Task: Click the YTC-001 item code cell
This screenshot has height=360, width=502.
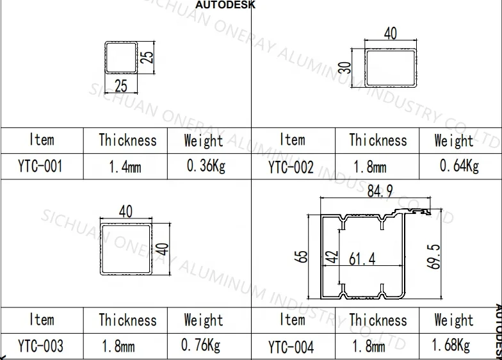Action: [x=40, y=167]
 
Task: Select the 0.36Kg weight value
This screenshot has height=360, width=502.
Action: [x=206, y=167]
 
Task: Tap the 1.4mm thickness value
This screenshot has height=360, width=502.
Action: [x=125, y=168]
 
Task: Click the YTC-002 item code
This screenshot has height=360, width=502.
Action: [x=291, y=168]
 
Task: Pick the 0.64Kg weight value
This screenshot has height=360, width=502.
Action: [x=459, y=167]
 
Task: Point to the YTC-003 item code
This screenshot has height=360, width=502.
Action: [x=40, y=347]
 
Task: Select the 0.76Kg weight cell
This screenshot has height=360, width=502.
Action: [x=200, y=346]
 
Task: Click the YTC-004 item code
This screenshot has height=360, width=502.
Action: [x=291, y=348]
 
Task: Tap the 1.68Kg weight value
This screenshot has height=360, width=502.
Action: [x=450, y=346]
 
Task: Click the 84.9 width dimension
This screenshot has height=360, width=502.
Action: [x=380, y=190]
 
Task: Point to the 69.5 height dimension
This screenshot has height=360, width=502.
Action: [x=435, y=256]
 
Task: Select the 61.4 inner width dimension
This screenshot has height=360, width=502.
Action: [x=362, y=259]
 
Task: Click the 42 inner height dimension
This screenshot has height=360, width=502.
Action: [x=331, y=257]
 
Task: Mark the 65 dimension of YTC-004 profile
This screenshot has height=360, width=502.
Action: [x=302, y=256]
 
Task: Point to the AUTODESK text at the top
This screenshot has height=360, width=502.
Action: [x=225, y=4]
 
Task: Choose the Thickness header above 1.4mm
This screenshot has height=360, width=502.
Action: [x=127, y=140]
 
